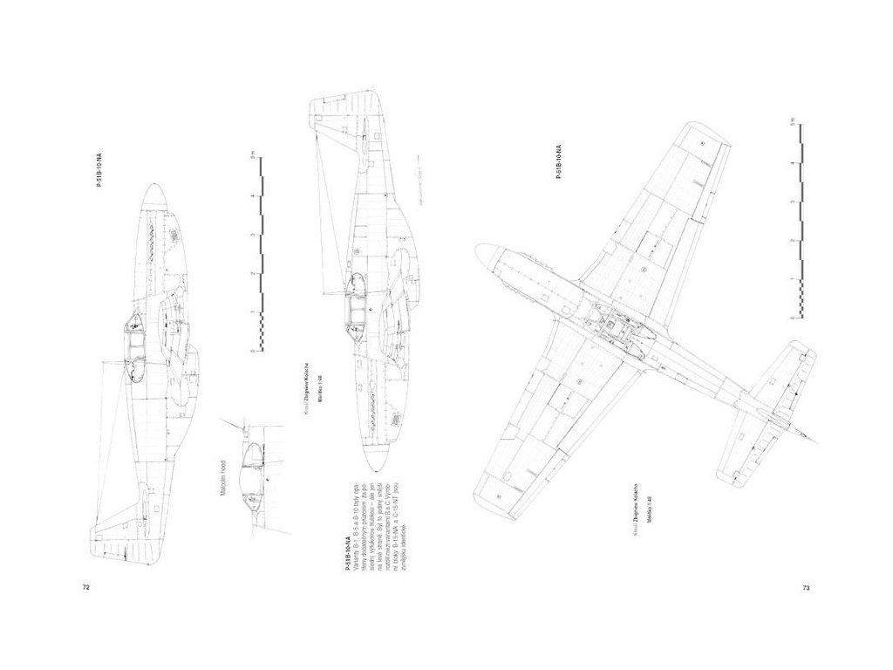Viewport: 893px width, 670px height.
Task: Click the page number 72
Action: [86, 587]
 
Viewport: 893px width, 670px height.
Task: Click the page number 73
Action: [806, 587]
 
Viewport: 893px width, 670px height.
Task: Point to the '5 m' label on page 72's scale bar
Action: [252, 157]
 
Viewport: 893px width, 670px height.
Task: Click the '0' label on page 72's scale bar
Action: [252, 351]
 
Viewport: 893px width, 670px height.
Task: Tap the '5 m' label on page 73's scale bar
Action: [790, 121]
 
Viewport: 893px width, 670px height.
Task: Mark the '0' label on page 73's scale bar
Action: [790, 317]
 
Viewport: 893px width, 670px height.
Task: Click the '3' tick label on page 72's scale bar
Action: [252, 236]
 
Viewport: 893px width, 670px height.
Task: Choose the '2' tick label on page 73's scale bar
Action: [790, 239]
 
